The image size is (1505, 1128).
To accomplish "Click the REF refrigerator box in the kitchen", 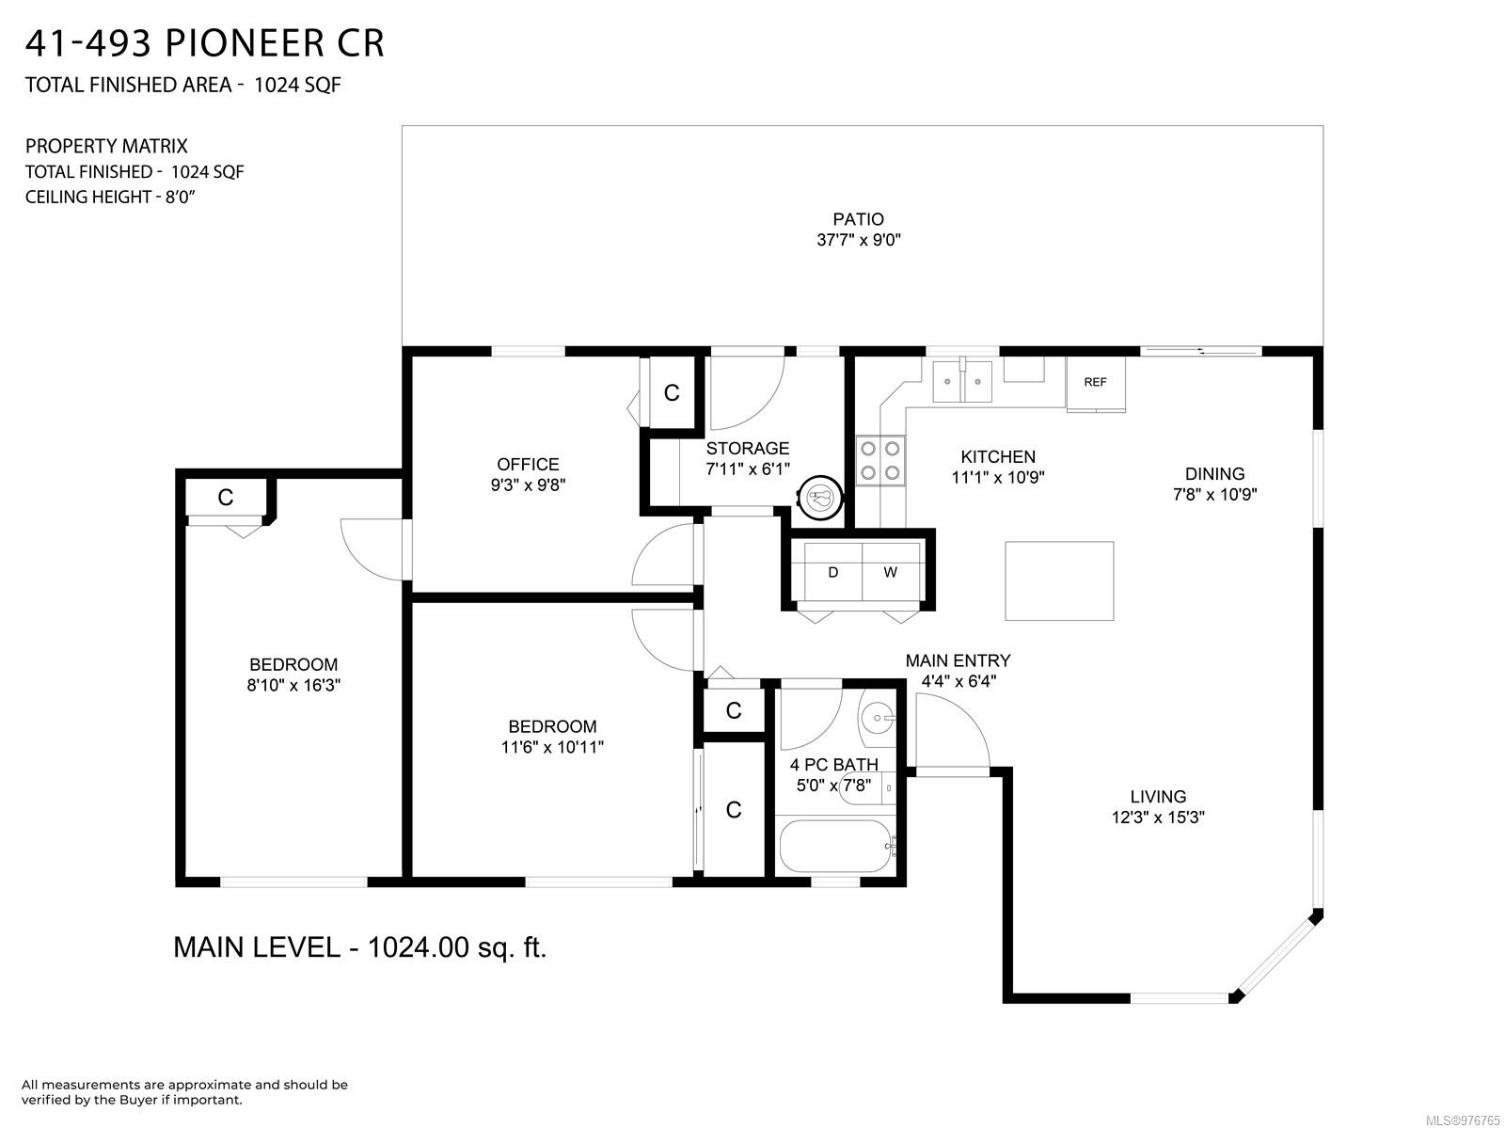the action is click(x=1095, y=383).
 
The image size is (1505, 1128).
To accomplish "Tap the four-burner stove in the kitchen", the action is click(x=879, y=461).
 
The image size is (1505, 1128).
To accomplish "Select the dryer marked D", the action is click(x=833, y=572).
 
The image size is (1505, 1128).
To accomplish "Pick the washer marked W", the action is click(x=891, y=572).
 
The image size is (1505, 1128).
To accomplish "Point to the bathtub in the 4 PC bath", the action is click(x=835, y=846).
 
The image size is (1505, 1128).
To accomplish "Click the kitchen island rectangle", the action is click(x=1059, y=580).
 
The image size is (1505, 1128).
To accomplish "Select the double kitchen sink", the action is click(x=962, y=381).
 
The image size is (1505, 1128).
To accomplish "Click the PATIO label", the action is click(x=858, y=219).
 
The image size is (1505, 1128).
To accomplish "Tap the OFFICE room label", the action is click(x=528, y=464).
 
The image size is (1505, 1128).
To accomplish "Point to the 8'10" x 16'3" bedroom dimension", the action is click(x=293, y=685).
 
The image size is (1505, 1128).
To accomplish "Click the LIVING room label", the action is click(x=1158, y=797).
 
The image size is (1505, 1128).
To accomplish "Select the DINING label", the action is click(x=1215, y=474).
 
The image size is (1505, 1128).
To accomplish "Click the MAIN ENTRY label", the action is click(x=958, y=660).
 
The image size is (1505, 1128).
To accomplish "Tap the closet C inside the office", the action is click(x=672, y=393).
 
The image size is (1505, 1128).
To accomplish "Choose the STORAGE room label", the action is click(x=748, y=449).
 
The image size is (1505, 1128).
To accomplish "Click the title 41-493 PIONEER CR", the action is click(x=204, y=44).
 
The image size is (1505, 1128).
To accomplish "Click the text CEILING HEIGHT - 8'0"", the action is click(x=110, y=198).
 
